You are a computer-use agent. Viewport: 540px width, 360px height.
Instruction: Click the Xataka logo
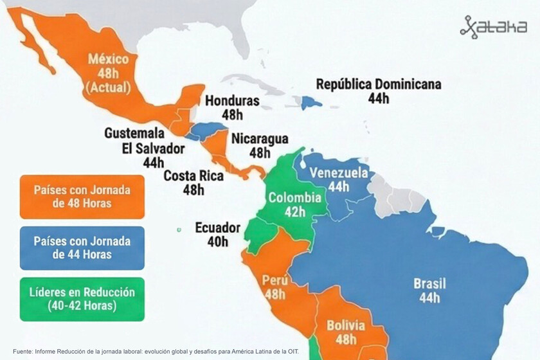(x=493, y=27)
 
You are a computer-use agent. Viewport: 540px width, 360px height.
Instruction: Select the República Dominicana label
(x=379, y=91)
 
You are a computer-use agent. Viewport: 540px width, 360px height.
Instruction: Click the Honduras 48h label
(x=232, y=107)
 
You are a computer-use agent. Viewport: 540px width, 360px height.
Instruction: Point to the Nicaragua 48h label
(x=260, y=146)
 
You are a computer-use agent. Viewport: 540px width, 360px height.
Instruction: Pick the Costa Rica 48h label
(x=194, y=183)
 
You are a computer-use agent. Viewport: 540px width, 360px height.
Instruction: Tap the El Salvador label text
(x=153, y=148)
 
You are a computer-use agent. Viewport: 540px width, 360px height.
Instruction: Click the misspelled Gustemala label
(x=134, y=132)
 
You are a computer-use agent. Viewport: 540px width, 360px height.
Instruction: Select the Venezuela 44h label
(x=339, y=179)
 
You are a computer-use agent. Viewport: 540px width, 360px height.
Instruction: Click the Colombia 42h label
(x=294, y=204)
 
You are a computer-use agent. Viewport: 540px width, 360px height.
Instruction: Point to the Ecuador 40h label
(x=217, y=235)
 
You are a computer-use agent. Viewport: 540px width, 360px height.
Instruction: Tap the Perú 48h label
(x=274, y=287)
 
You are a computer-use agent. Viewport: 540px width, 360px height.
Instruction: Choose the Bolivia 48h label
(x=346, y=332)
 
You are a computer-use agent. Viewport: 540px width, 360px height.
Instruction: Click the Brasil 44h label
(x=429, y=290)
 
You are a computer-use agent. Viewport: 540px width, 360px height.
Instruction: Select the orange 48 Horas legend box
(x=82, y=197)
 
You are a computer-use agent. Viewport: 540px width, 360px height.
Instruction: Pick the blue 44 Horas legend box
(x=82, y=248)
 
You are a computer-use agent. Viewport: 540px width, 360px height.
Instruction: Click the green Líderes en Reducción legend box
(x=82, y=299)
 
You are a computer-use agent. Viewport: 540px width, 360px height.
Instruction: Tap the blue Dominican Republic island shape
(x=312, y=102)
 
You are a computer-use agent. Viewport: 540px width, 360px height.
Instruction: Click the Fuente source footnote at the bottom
(x=156, y=352)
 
